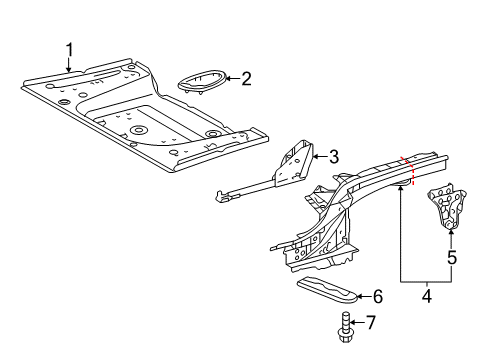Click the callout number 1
tap(69, 50)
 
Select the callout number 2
tap(246, 79)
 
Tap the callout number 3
tap(334, 157)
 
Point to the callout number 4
tap(427, 296)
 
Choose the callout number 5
tap(452, 258)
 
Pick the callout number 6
tap(377, 296)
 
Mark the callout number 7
tap(371, 322)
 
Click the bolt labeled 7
tap(346, 327)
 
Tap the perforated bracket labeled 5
tap(447, 207)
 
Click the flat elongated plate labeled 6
tap(327, 290)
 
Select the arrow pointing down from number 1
tap(69, 65)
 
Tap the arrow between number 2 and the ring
tap(233, 79)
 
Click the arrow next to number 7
tap(357, 322)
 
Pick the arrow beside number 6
tap(364, 296)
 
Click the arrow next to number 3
tap(320, 156)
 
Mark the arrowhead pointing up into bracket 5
tap(451, 233)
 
